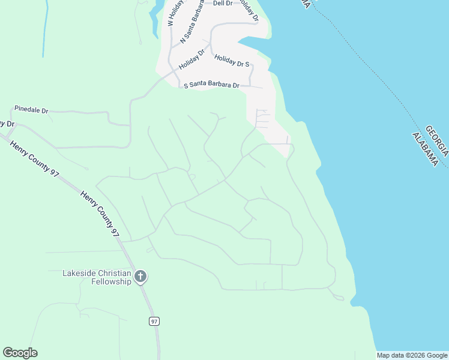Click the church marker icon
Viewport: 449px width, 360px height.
pyautogui.click(x=140, y=277)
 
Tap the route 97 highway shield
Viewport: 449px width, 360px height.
pyautogui.click(x=154, y=322)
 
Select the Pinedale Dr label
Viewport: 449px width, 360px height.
pyautogui.click(x=31, y=111)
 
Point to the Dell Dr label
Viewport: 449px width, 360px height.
pyautogui.click(x=222, y=4)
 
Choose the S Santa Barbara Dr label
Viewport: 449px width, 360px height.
pyautogui.click(x=211, y=85)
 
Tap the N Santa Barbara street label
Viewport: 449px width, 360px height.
pyautogui.click(x=191, y=23)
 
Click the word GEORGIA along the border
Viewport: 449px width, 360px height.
pyautogui.click(x=436, y=141)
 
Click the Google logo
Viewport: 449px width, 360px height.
pyautogui.click(x=20, y=353)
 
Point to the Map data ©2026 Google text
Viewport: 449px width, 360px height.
pyautogui.click(x=411, y=355)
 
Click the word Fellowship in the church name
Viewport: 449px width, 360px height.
pyautogui.click(x=109, y=281)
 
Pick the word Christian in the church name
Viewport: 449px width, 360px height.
pyautogui.click(x=113, y=273)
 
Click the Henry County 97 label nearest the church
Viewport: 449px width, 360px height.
pyautogui.click(x=100, y=211)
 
